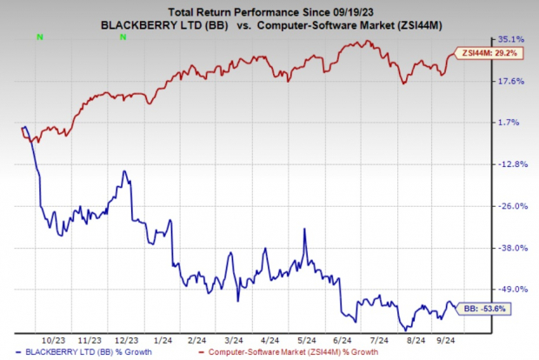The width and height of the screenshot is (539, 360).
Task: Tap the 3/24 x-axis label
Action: tap(234, 339)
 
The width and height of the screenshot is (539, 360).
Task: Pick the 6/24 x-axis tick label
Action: tap(342, 339)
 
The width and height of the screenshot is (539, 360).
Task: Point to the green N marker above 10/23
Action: tap(38, 37)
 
